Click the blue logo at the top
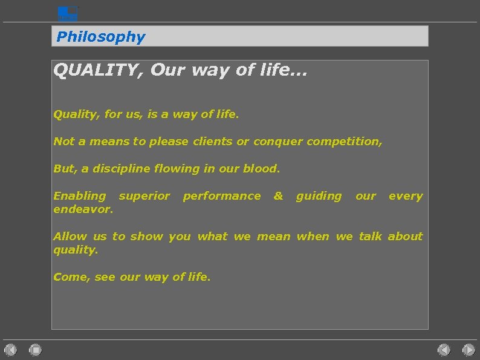(68, 13)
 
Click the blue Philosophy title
(101, 37)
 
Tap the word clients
(212, 142)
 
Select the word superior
(144, 196)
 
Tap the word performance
(222, 196)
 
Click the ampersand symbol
(278, 196)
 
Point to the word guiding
(319, 196)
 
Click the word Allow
(70, 237)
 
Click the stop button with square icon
(35, 349)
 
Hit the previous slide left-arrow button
(444, 349)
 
